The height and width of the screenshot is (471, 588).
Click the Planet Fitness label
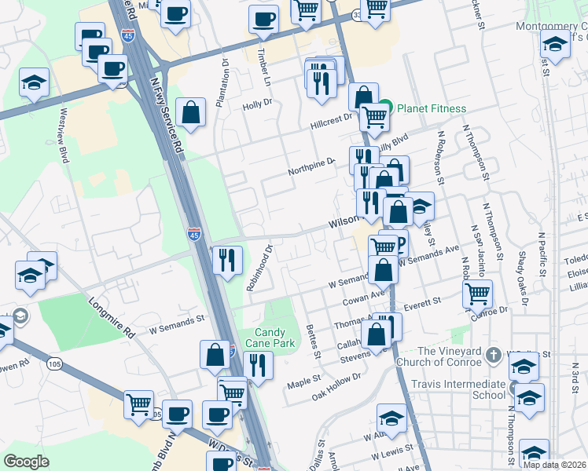point(432,108)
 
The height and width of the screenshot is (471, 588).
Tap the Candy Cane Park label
point(274,338)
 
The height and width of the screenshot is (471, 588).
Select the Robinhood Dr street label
point(258,268)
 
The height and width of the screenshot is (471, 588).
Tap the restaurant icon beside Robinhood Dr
point(226,259)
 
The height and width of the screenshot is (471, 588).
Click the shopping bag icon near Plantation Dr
point(190,112)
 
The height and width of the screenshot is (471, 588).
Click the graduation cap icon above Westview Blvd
point(35,82)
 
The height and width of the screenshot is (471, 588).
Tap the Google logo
point(26,462)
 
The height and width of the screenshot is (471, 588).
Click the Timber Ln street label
point(264,68)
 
